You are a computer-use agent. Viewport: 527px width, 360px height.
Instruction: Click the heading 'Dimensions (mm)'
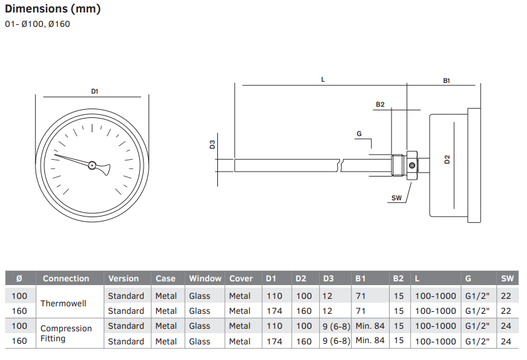pos(53,9)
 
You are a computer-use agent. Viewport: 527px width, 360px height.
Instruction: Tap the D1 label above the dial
pos(94,91)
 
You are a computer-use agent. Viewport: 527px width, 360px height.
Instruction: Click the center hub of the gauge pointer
pos(92,165)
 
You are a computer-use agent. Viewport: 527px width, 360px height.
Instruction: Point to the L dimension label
pos(323,80)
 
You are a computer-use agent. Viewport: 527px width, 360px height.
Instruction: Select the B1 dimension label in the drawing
pos(446,80)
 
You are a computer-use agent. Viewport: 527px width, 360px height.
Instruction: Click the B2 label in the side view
pos(380,104)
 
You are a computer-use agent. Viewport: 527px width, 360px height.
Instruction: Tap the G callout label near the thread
pos(359,134)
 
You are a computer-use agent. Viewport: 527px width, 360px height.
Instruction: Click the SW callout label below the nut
pos(396,198)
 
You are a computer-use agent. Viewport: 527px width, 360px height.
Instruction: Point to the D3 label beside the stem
pos(212,145)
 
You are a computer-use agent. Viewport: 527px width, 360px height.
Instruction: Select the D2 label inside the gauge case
pos(446,160)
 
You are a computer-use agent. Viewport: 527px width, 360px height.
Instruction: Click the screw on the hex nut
pos(411,165)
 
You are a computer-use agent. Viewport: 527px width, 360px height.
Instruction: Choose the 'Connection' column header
pos(66,278)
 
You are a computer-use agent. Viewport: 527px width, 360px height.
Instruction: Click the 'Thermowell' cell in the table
pos(63,303)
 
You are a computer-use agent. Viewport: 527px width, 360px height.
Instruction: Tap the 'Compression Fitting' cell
pos(66,333)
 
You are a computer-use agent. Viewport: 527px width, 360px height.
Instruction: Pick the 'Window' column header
pos(205,278)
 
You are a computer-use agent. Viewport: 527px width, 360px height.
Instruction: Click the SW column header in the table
pos(507,278)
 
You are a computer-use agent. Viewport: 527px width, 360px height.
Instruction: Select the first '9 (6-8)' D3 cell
pos(336,326)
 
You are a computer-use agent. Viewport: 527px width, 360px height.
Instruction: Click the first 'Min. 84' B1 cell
pos(370,326)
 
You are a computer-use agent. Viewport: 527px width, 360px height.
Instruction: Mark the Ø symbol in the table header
pos(19,278)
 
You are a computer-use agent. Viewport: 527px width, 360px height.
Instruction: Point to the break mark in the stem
pos(340,165)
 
